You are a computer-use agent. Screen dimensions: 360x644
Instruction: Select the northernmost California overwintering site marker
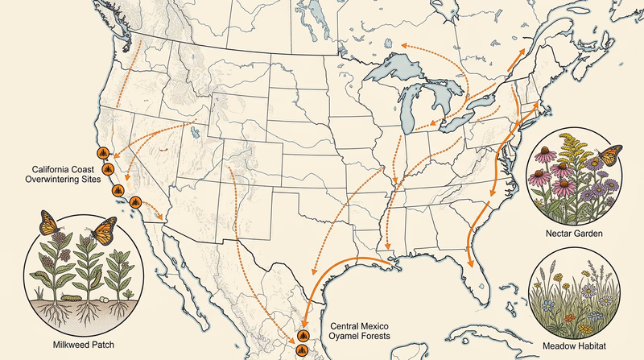tap(101, 152)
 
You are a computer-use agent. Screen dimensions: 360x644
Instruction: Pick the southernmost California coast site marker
tap(136, 201)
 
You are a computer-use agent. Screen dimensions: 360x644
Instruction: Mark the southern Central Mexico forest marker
tap(301, 350)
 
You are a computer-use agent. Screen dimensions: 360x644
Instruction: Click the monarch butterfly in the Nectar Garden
tap(610, 151)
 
